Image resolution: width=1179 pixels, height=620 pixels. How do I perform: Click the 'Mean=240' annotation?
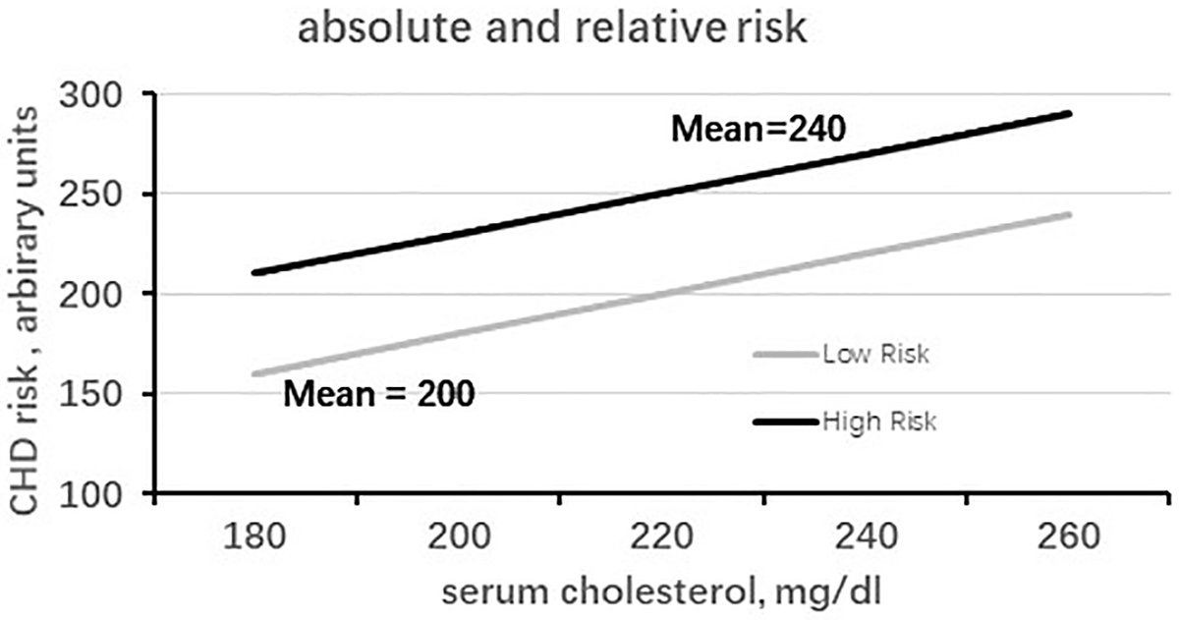[758, 130]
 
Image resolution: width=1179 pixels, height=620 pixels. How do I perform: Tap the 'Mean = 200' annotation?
[379, 395]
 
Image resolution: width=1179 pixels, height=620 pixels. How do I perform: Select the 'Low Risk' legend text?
[875, 355]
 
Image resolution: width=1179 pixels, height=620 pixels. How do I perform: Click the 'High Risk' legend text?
[880, 423]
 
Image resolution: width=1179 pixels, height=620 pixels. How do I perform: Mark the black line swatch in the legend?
[786, 423]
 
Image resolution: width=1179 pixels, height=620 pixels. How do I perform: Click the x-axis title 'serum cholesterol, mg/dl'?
[664, 593]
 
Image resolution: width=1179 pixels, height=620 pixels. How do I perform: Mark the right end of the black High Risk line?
[1069, 114]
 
